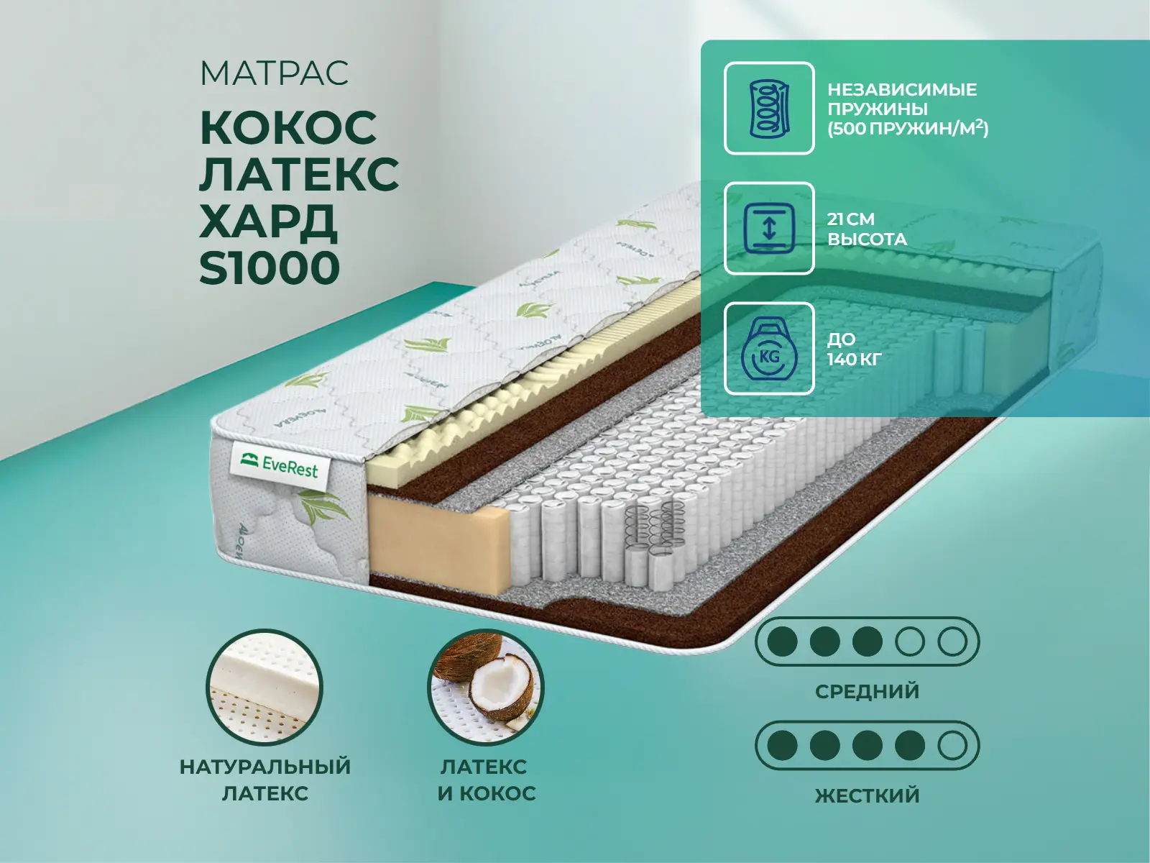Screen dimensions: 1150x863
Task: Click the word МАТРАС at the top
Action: click(274, 73)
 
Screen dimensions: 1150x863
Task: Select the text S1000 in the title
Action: click(270, 268)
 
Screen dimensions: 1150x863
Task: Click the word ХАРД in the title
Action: click(267, 221)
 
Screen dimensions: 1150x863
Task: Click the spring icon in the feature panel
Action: click(769, 108)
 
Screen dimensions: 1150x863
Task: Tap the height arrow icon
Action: click(769, 228)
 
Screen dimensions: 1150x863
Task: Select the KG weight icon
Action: click(769, 349)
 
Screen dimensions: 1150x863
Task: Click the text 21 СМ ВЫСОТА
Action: click(867, 229)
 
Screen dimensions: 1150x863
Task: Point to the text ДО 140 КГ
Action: click(855, 349)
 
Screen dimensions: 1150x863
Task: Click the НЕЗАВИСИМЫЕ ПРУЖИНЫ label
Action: click(901, 99)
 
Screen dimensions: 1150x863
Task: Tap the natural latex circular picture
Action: click(264, 687)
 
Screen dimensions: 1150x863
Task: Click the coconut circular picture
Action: click(486, 687)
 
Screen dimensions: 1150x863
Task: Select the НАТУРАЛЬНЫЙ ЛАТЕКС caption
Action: click(265, 780)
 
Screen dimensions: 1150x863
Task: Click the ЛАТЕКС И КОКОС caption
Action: click(487, 780)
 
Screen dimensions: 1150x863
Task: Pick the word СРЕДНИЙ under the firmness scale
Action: click(867, 691)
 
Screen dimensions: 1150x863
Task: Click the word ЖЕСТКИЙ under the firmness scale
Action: click(867, 795)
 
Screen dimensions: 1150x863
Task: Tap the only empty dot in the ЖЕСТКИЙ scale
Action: click(952, 745)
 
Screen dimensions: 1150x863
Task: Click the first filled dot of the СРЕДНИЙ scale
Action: click(782, 641)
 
